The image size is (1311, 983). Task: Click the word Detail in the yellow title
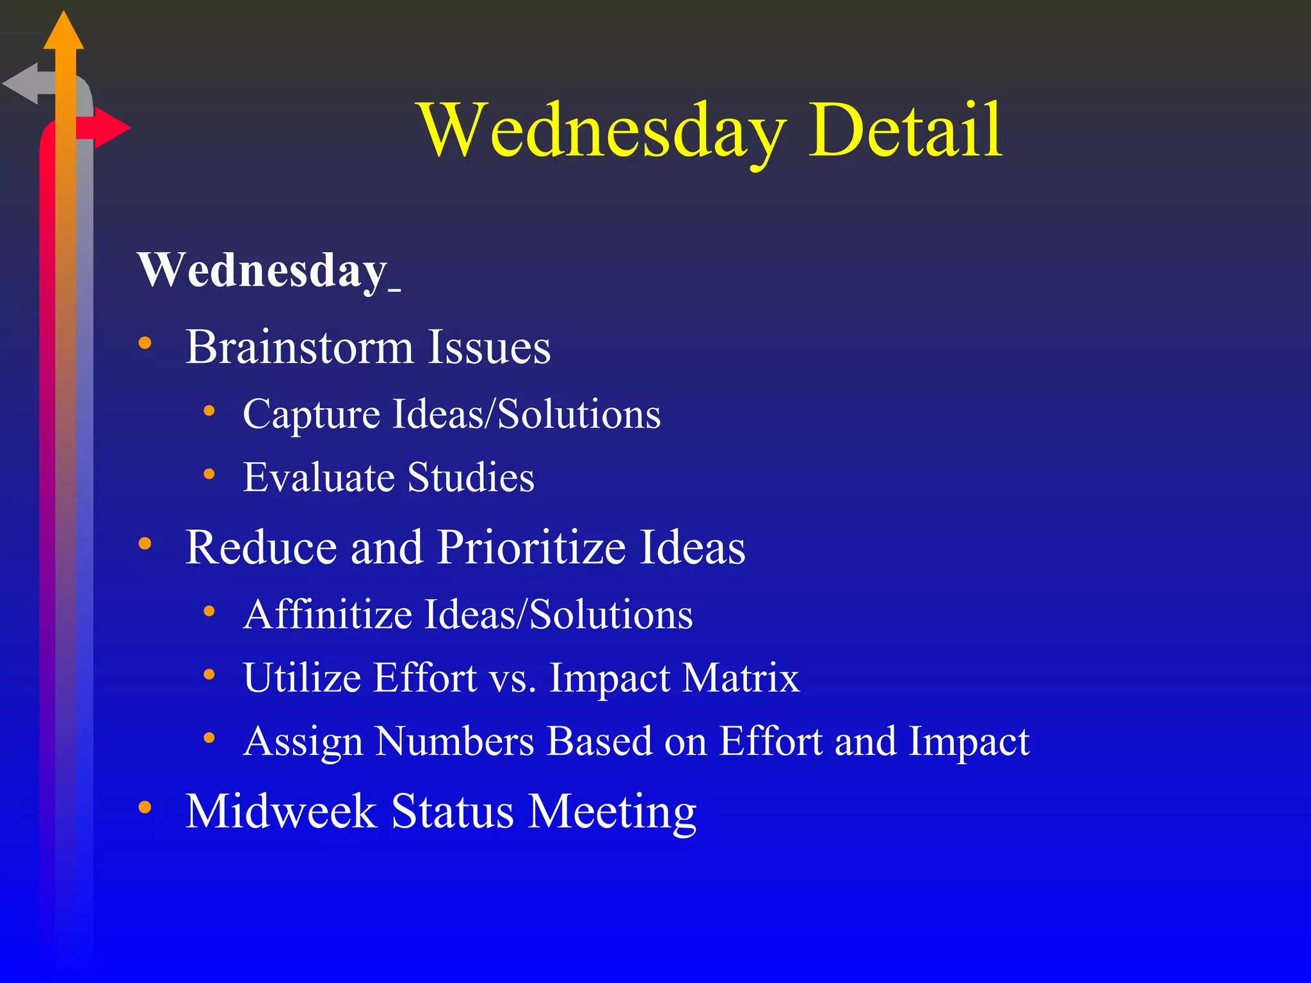point(905,130)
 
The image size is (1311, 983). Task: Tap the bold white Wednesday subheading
point(262,271)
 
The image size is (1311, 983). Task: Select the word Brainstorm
point(300,348)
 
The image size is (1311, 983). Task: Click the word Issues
point(489,348)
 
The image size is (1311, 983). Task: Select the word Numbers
point(454,742)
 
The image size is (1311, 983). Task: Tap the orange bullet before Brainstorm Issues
point(145,344)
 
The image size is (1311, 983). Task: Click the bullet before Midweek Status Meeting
point(145,808)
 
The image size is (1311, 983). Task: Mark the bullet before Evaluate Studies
point(209,474)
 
